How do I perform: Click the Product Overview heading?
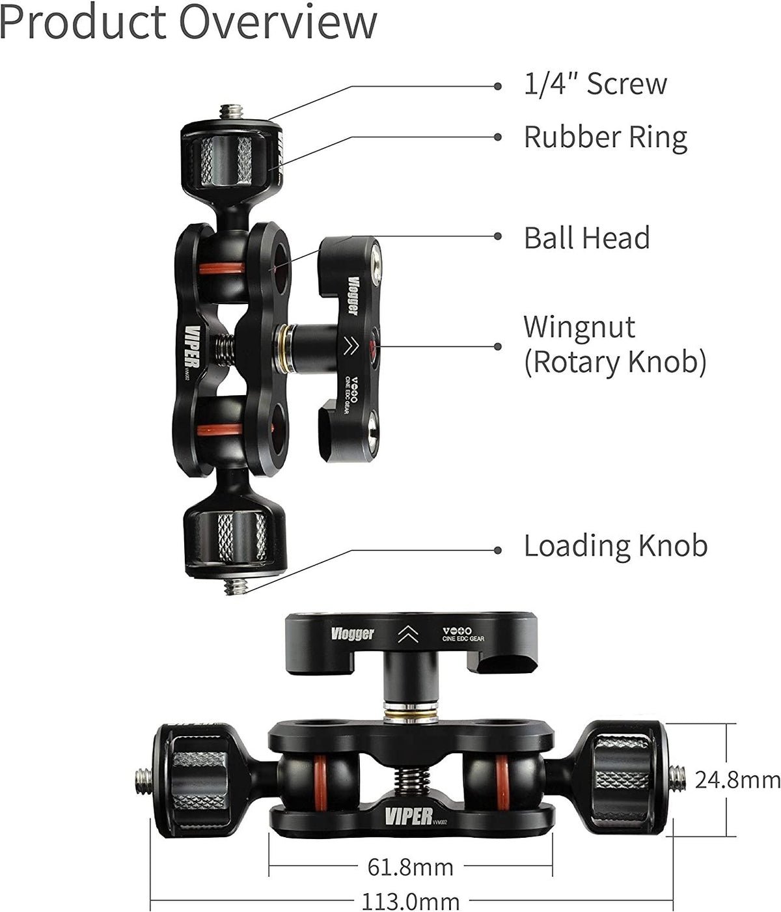coord(188,22)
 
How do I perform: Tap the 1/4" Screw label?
coord(595,85)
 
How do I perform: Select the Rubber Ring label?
coord(605,137)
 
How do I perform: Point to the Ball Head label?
coord(586,238)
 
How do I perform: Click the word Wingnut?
coord(579,327)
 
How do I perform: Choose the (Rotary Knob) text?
coord(615,362)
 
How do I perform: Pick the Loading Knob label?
coord(615,546)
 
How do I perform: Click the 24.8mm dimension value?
coord(736,779)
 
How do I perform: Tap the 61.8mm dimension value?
coord(410,867)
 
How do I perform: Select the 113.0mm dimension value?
coord(410,901)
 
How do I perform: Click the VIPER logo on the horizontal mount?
coord(408,816)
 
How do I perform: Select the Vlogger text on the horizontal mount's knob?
coord(352,633)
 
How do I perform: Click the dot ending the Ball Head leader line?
coord(498,237)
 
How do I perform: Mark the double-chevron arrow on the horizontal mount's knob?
coord(408,634)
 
